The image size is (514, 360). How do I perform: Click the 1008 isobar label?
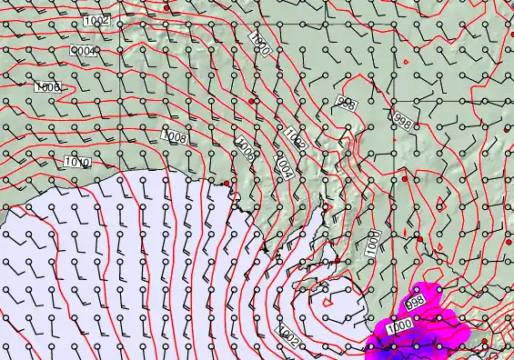174,136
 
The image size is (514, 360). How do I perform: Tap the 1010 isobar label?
77,163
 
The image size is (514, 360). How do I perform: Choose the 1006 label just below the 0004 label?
48,87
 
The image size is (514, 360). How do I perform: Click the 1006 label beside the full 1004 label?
245,149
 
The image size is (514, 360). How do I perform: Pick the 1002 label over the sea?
288,335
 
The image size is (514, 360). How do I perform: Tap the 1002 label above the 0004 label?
95,20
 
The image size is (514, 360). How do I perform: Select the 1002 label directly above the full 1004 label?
294,138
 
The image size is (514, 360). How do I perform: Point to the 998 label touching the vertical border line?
402,118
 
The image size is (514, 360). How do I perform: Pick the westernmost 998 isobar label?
346,104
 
